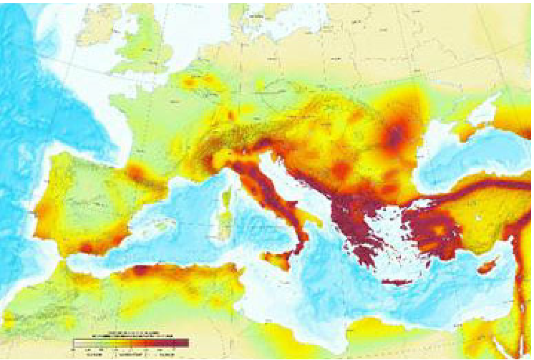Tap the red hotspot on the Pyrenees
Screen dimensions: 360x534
point(137,172)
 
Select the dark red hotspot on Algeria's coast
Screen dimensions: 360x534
point(141,271)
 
